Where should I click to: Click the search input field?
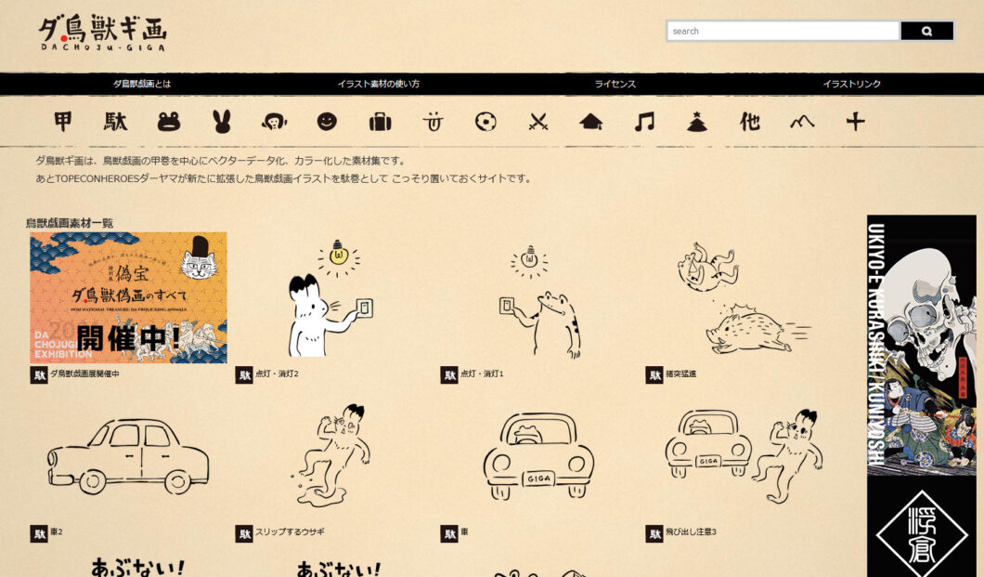782,32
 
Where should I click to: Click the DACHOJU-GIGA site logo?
102,33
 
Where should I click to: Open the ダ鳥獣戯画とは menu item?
142,84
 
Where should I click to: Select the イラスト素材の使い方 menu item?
378,84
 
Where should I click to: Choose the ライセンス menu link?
615,84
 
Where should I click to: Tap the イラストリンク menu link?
851,84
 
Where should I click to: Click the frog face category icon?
169,122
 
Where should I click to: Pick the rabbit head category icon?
221,122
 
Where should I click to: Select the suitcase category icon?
380,122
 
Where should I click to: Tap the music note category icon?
643,122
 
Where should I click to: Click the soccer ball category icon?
486,122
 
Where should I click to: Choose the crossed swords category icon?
538,122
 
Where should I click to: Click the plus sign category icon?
855,122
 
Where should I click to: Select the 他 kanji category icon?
749,122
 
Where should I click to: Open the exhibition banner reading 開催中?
128,297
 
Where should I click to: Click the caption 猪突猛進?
680,374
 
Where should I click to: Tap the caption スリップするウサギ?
290,532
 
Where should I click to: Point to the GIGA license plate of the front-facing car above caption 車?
538,479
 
